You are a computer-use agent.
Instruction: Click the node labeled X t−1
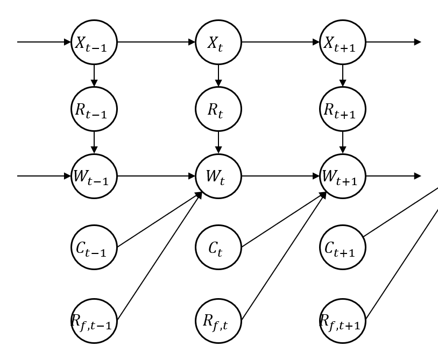point(94,42)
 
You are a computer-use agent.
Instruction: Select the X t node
point(218,42)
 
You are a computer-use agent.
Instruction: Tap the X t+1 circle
point(343,42)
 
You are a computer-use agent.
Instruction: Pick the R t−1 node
point(94,109)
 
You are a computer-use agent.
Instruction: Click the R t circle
point(218,109)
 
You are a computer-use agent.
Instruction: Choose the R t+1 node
point(343,109)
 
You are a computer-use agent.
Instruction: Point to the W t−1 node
point(94,176)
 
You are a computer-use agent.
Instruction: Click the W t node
point(218,176)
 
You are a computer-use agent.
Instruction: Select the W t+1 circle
point(343,176)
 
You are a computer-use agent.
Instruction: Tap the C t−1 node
point(94,247)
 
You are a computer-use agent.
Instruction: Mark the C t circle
point(218,247)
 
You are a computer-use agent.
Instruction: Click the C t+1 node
point(343,247)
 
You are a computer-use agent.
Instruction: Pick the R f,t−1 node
point(94,321)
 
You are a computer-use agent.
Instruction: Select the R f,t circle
point(218,321)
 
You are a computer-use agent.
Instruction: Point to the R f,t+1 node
point(343,321)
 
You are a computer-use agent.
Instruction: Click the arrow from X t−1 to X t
point(157,42)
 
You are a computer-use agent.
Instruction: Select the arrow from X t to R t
point(218,76)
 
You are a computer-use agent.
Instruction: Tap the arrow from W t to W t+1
point(281,176)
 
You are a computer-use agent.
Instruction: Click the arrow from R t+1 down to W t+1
point(343,143)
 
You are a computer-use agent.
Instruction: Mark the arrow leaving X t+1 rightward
point(393,42)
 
